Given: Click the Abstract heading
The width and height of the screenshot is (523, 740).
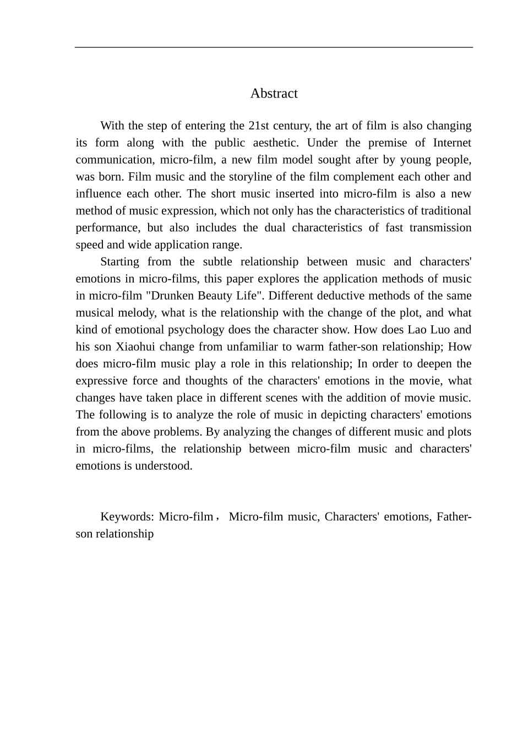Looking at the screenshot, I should coord(274,94).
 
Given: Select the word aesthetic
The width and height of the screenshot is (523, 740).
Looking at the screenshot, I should coord(274,143).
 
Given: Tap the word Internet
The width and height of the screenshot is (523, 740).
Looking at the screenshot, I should coord(452,143).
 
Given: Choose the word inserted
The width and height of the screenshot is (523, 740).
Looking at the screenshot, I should coord(312,194).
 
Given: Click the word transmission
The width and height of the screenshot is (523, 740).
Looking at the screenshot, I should coord(440,228).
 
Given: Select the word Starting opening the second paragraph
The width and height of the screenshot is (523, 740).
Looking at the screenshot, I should coord(119,262).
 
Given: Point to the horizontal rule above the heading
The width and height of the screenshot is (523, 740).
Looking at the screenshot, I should coord(274,47).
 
